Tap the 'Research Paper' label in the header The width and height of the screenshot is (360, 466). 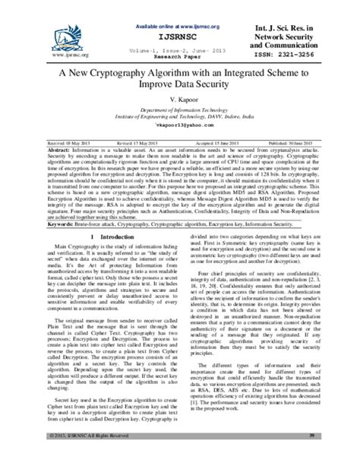point(177,55)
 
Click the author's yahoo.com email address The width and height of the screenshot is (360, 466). point(180,131)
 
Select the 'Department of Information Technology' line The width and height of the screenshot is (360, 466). point(180,110)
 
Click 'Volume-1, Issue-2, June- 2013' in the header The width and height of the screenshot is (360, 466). point(177,48)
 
